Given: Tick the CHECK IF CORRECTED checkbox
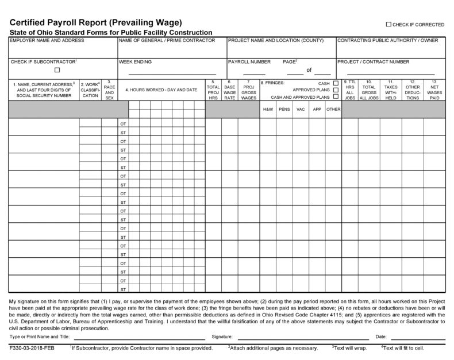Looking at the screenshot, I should click(389, 25).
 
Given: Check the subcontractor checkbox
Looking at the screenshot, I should click(57, 70).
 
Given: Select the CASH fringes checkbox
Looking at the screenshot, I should click(336, 83).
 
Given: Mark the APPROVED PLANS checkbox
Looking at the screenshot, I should click(336, 90).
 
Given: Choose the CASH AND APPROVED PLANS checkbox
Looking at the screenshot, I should click(336, 97).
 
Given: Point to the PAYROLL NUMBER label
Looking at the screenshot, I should click(249, 61).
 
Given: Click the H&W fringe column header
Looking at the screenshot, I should click(268, 109).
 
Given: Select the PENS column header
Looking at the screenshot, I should click(284, 109).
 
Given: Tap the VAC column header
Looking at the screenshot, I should click(300, 109).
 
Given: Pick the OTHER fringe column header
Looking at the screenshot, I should click(333, 109).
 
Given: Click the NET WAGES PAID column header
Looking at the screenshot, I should click(434, 90).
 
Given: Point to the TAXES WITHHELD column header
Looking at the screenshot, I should click(391, 90).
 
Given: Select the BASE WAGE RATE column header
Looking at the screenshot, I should click(230, 90).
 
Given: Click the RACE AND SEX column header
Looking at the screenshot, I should click(109, 90).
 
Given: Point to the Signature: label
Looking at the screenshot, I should click(221, 336).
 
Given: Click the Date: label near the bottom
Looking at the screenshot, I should click(381, 336).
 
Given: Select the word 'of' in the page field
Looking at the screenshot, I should click(309, 70).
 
